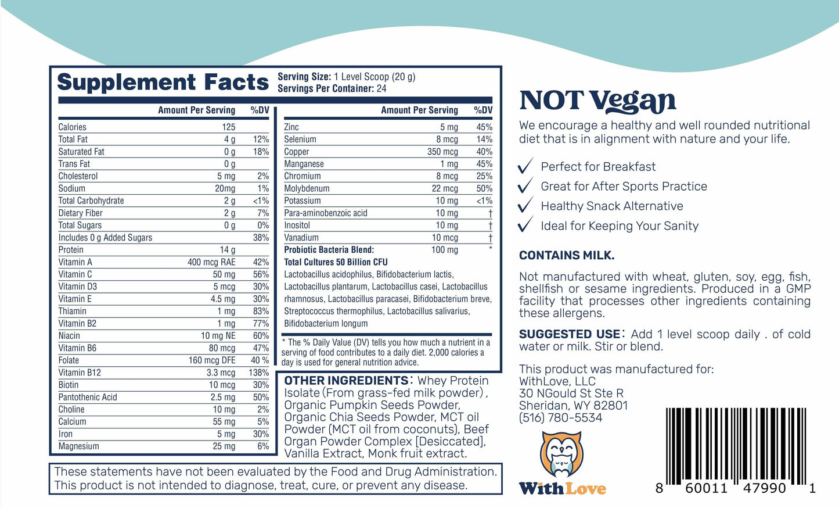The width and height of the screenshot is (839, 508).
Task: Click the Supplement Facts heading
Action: point(163,83)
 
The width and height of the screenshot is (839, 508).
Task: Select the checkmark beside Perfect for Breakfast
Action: point(525,167)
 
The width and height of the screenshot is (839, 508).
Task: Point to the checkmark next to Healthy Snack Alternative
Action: point(525,206)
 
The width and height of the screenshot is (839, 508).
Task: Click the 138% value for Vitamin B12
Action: point(258,373)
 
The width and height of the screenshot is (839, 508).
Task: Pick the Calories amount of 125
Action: point(229,127)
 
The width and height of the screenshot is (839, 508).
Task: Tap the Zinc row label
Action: point(291,127)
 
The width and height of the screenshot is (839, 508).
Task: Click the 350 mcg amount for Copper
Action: point(442,152)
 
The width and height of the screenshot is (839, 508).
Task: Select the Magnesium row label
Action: point(78,446)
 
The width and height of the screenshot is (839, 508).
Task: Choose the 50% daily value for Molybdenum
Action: point(484,188)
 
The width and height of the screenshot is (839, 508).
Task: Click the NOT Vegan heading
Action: point(597,101)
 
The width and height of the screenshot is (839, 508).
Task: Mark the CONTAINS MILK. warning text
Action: point(566,255)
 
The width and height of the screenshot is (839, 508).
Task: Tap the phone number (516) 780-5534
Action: point(560,417)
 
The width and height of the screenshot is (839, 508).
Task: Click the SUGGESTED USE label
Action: point(569,334)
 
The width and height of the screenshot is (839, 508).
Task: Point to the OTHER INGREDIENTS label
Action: point(346,381)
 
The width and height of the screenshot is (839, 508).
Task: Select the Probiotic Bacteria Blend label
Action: point(329,250)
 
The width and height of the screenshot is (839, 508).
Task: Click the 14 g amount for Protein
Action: point(228,250)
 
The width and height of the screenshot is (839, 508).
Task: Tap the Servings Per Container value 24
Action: point(381,89)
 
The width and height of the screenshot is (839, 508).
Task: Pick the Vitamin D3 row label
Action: point(78,287)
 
